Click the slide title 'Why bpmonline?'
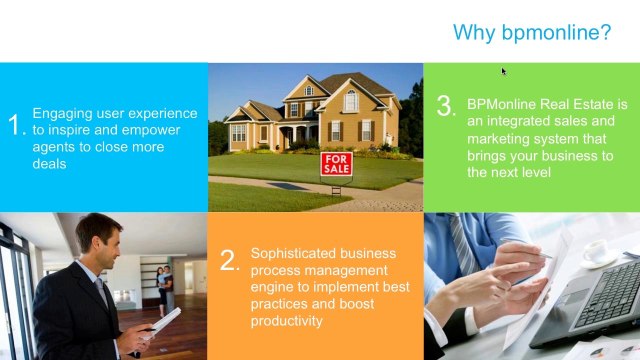click(x=532, y=32)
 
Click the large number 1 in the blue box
click(x=15, y=125)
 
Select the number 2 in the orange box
click(x=230, y=261)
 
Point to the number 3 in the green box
click(x=446, y=108)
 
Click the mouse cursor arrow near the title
click(x=504, y=71)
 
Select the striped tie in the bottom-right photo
click(x=462, y=245)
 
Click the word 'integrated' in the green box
click(x=519, y=121)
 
